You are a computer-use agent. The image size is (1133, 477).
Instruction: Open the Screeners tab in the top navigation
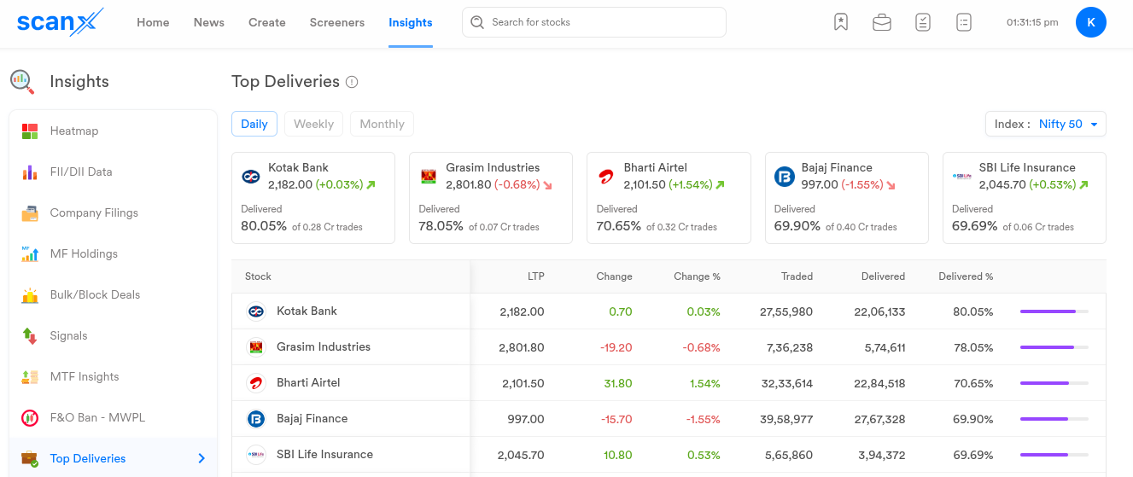[337, 22]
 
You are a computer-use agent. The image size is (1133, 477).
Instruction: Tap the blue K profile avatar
[1090, 22]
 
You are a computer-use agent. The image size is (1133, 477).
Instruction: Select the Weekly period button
[313, 124]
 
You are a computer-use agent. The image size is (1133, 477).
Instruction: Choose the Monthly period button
[382, 124]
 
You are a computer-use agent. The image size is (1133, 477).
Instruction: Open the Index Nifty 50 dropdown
[1045, 124]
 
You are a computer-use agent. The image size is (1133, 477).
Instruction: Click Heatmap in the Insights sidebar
[74, 131]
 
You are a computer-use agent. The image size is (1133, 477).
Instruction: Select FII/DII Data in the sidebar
[81, 172]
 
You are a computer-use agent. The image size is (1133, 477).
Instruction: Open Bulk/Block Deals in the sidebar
[95, 294]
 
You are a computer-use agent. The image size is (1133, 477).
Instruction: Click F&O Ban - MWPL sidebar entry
[97, 417]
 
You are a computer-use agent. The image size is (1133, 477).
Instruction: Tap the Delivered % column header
[966, 276]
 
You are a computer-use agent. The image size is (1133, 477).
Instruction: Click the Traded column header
[797, 276]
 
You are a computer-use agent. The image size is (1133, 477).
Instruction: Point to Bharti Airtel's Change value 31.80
[618, 383]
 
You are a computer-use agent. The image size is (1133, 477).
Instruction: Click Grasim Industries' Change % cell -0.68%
[701, 347]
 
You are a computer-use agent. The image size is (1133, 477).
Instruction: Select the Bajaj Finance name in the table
[312, 419]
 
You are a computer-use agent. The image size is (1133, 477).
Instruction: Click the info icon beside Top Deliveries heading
[352, 83]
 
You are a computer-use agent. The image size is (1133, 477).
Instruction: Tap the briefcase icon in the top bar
[882, 23]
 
